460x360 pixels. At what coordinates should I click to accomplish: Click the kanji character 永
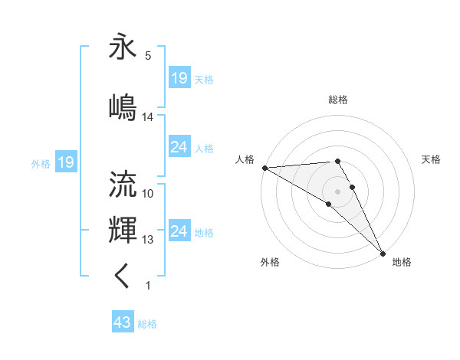123,47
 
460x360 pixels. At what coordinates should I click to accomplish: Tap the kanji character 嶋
123,107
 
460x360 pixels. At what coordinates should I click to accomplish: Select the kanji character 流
123,184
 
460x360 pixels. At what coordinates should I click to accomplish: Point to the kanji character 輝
123,230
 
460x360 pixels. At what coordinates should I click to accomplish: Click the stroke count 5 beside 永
148,56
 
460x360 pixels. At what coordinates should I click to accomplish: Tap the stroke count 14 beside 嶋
148,117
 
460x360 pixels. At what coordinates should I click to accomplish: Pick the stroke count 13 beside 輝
148,240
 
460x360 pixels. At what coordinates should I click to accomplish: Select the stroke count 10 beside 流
148,194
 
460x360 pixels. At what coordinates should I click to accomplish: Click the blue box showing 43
122,323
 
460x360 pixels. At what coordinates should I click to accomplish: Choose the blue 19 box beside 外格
65,162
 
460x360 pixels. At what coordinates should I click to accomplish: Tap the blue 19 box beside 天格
179,78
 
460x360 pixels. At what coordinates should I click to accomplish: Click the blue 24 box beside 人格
179,147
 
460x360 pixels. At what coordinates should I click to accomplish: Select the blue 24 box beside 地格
179,231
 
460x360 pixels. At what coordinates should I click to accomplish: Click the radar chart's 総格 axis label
337,100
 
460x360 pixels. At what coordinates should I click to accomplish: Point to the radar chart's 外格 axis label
270,262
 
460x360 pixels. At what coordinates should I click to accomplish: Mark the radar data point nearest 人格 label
264,168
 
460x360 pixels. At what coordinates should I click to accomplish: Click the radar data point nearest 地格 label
383,253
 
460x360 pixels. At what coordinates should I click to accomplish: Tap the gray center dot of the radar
337,191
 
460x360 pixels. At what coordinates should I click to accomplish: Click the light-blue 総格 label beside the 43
147,324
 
